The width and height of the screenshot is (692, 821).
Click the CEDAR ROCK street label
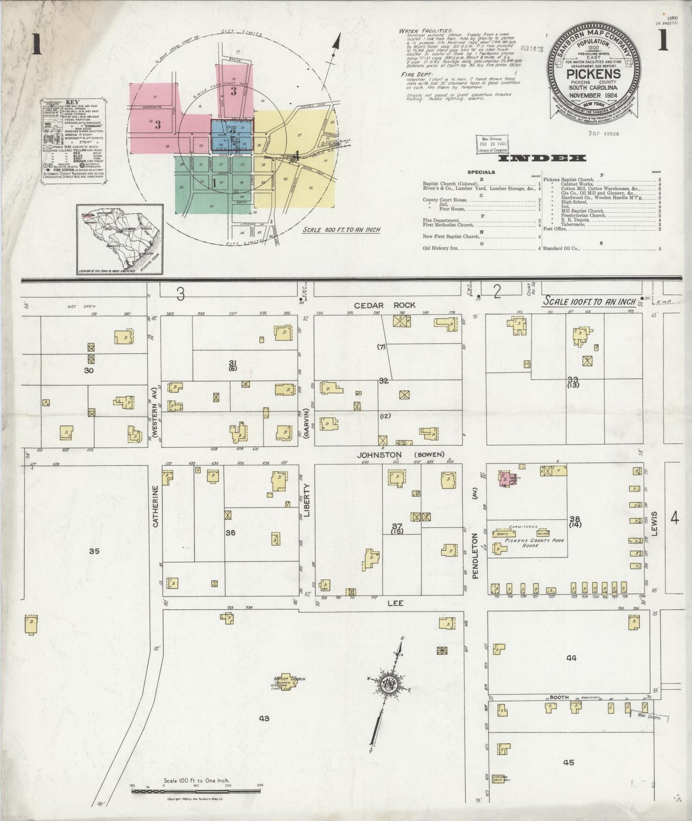pos(385,305)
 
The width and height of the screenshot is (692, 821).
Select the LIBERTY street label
pos(306,500)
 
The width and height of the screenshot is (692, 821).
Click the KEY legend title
pos(73,102)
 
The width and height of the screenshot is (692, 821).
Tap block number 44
pos(571,658)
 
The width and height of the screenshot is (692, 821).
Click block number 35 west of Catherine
pos(94,551)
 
